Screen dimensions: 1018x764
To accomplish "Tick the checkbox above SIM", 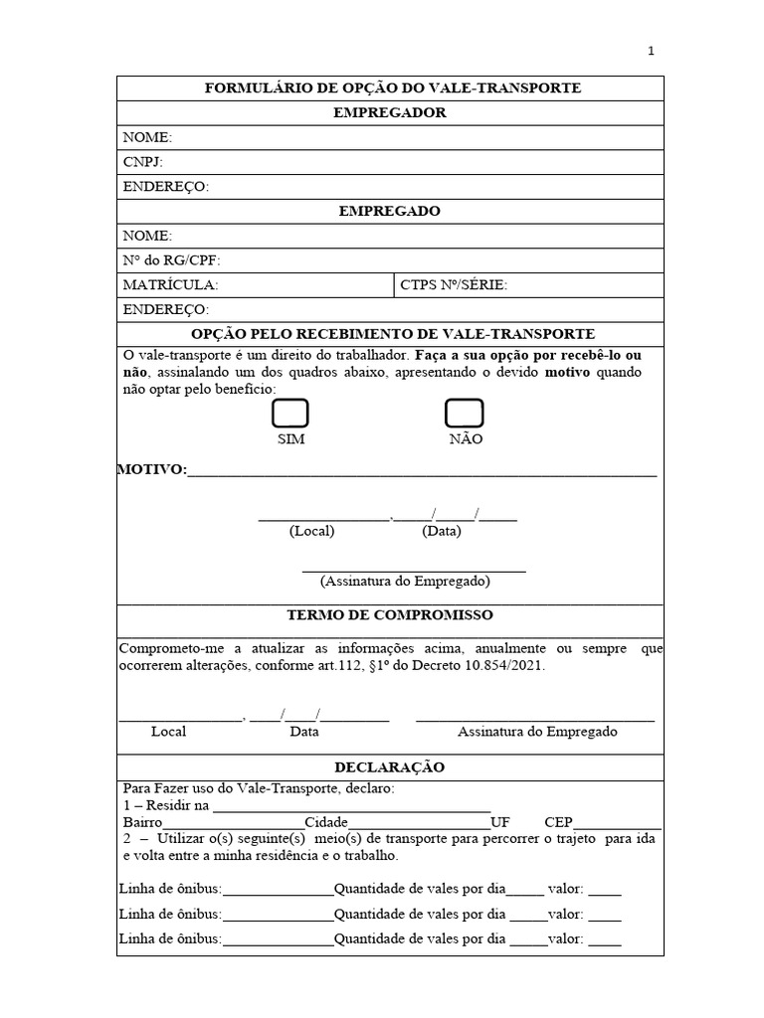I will coord(290,414).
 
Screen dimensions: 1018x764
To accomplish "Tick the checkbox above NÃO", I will coord(464,414).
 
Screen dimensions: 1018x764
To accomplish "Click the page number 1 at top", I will coord(651,52).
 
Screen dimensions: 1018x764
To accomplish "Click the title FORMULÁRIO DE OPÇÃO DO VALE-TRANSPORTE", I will coord(392,88).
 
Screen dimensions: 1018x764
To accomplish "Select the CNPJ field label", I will coord(142,162).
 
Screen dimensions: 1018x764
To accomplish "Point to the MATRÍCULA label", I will coord(169,285).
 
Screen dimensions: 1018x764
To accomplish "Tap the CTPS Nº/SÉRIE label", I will coord(453,285).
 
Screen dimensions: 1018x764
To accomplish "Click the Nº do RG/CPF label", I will coord(170,260).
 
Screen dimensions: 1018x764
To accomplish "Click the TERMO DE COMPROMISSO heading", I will coord(390,615).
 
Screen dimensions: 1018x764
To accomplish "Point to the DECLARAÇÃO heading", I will coord(390,767).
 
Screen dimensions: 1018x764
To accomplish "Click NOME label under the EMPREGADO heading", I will coord(147,236).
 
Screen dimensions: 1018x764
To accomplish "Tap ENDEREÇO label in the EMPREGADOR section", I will coord(165,187).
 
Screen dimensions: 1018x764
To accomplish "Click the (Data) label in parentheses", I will coord(442,531).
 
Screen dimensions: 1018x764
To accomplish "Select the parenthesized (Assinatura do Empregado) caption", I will coord(405,581).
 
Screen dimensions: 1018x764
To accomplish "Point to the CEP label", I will coord(558,822).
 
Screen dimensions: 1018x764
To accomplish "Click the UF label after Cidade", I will coord(500,822).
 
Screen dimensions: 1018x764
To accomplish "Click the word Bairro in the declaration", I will coord(141,822).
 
